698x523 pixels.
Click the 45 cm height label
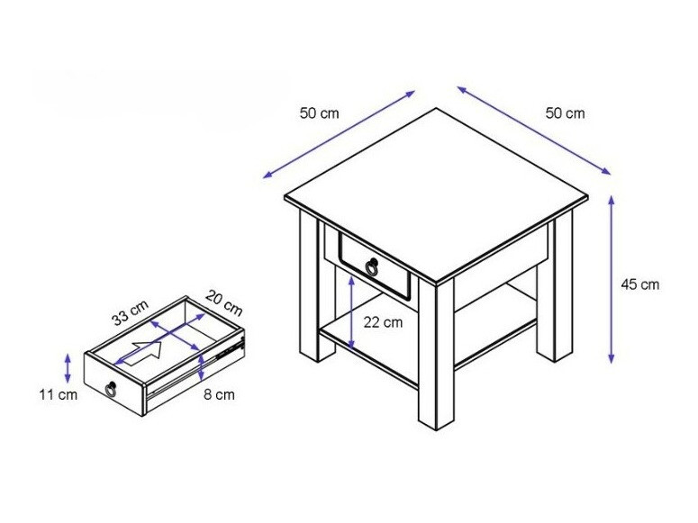pos(640,284)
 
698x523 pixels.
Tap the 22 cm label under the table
pos(384,322)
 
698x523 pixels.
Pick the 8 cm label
pos(220,394)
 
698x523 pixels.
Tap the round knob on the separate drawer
pos(112,389)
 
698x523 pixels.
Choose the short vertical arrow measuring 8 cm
pos(202,364)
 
